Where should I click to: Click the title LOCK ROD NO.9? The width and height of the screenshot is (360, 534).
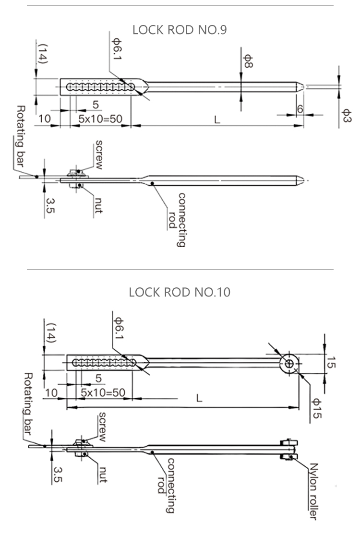pos(180,30)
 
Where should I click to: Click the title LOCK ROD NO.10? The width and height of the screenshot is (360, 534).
pos(180,292)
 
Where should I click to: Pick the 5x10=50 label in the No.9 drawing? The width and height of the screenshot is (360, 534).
pos(100,119)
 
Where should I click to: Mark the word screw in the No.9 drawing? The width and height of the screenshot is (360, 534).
pos(99,154)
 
